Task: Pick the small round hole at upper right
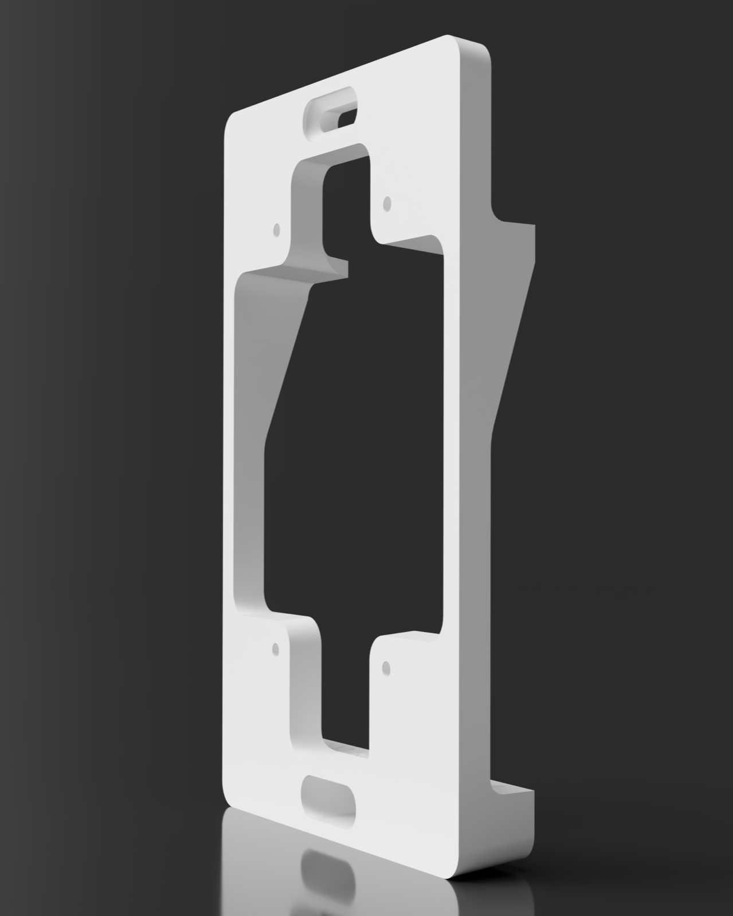[x=387, y=202]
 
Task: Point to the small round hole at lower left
[x=276, y=649]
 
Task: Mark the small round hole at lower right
[x=386, y=667]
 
